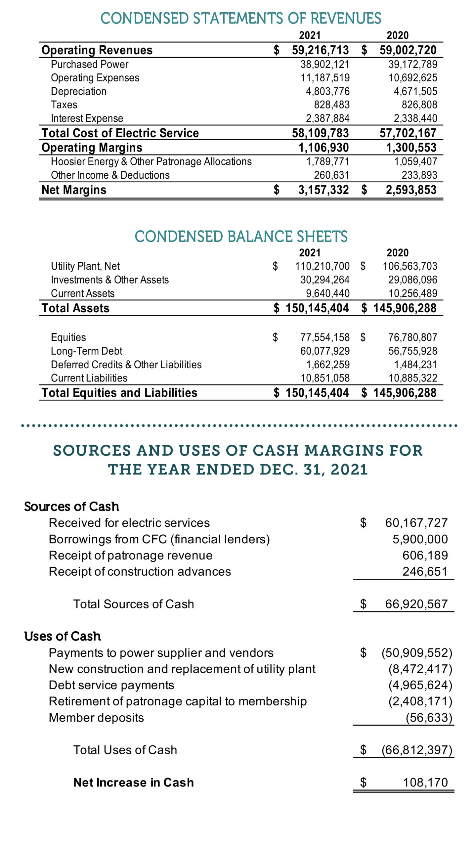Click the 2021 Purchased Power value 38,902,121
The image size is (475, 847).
click(324, 64)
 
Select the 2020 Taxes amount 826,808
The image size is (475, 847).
click(419, 105)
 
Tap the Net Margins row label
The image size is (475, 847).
click(74, 190)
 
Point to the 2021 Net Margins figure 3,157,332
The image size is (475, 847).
click(323, 190)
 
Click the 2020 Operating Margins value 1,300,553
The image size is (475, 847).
click(411, 148)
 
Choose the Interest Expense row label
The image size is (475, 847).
click(87, 118)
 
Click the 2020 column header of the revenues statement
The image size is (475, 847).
click(397, 35)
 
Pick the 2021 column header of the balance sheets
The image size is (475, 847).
click(310, 253)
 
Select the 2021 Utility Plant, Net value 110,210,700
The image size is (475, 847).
click(322, 266)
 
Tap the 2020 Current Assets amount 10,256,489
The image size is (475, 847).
click(412, 293)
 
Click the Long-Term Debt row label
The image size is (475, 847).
click(86, 351)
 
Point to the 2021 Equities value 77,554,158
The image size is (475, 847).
click(324, 337)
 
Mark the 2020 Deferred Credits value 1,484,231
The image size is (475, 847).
click(415, 365)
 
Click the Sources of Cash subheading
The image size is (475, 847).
click(71, 507)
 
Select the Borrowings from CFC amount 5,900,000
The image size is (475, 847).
click(420, 539)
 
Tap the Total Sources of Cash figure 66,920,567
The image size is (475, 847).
click(416, 604)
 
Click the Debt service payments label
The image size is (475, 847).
click(111, 685)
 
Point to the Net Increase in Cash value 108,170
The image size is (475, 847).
click(425, 782)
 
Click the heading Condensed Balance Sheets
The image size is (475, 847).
click(241, 237)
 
